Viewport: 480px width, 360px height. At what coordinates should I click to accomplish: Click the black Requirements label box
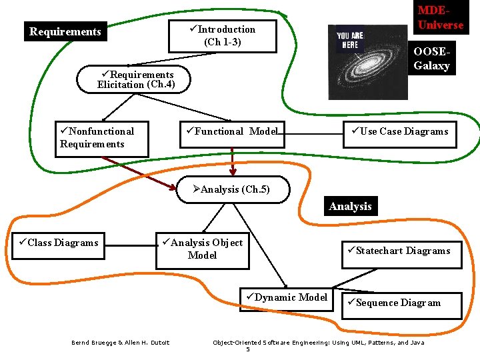65,31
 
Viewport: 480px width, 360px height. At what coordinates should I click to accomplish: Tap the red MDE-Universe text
440,18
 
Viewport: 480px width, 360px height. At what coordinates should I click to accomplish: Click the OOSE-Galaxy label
431,59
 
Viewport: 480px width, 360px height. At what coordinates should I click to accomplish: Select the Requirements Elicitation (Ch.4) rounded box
134,79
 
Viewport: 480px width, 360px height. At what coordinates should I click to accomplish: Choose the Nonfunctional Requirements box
101,138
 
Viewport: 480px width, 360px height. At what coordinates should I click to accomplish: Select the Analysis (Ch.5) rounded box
234,189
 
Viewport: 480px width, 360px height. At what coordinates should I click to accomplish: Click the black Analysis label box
350,207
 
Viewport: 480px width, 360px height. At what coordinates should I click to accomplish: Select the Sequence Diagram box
398,303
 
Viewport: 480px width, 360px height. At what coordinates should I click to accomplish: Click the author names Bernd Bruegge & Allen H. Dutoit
121,343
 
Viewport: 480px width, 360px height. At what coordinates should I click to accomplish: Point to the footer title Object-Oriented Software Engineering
318,343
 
